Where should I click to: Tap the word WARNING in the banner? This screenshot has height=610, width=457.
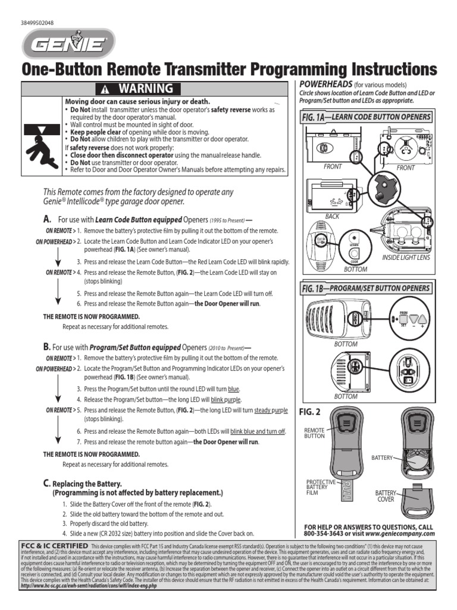pos(145,89)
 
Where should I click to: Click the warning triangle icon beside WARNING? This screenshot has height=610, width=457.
pos(105,89)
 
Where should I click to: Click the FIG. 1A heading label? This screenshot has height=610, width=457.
pos(315,118)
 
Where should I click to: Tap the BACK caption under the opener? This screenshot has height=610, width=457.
pos(332,216)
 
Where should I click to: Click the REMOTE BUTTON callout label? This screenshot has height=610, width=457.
pos(314,432)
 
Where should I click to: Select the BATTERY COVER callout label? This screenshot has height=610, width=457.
pos(385,496)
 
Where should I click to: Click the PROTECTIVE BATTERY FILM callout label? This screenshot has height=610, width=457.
pos(321,487)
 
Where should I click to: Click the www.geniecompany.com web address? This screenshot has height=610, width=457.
pos(404,534)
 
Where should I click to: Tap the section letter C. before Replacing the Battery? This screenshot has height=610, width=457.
pos(46,483)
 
